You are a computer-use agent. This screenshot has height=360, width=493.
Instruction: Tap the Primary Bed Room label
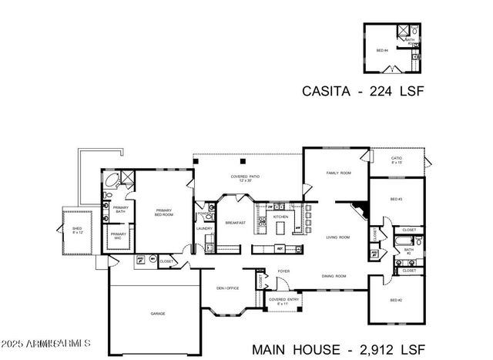coord(163,212)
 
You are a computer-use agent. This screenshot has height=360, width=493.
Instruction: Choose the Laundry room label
coord(204,229)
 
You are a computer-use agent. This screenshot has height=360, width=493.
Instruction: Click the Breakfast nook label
coord(235,223)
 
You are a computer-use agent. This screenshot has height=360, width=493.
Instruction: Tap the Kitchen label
coord(280,217)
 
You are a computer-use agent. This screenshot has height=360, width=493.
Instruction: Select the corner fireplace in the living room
coord(360,210)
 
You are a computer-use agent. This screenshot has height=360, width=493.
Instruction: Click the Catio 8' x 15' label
coord(396,160)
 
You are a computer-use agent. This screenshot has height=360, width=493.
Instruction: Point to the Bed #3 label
coord(397,200)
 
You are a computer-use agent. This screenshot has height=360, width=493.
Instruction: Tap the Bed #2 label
coord(396,299)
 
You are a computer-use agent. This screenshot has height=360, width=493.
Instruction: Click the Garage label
coord(157,314)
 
